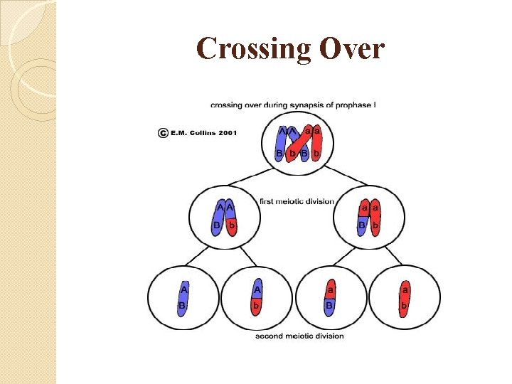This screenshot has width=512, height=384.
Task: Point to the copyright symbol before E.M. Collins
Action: click(164, 132)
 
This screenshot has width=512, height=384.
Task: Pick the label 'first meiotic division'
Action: click(297, 201)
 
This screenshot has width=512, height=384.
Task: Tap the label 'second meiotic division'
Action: click(299, 336)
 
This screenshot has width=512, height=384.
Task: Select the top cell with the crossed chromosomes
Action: click(297, 144)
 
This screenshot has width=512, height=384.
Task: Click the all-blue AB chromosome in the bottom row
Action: click(183, 297)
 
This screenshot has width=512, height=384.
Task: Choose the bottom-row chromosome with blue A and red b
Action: click(257, 297)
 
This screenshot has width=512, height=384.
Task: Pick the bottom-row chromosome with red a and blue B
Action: click(330, 297)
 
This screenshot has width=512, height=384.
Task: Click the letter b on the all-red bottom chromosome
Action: click(405, 306)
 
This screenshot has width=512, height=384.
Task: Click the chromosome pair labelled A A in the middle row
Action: click(225, 218)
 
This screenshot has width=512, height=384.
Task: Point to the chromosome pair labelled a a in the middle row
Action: click(368, 218)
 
